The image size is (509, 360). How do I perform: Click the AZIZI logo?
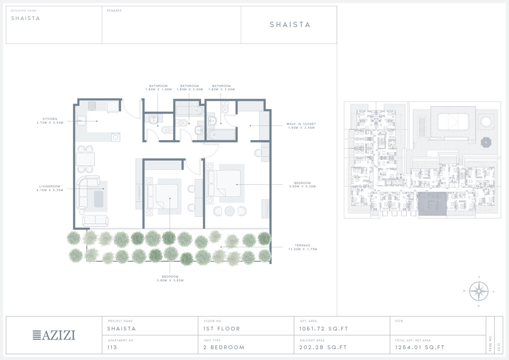[54, 335]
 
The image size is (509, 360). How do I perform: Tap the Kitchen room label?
[50, 121]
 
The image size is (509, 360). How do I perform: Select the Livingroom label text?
[50, 188]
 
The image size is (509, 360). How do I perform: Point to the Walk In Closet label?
[301, 126]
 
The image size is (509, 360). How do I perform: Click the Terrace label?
[303, 247]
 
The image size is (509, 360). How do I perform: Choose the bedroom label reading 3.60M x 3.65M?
[170, 279]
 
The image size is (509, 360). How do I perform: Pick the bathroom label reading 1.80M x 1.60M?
[158, 88]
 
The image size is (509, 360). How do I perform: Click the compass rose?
[479, 291]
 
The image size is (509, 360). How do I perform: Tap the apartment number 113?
[112, 347]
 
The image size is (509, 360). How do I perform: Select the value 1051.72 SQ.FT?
[324, 329]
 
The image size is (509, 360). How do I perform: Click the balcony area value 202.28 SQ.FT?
[323, 347]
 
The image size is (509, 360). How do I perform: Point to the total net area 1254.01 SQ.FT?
[420, 347]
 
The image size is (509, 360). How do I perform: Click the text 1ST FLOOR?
[222, 329]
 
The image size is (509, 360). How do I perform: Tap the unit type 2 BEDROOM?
[224, 347]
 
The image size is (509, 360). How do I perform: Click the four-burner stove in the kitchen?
[92, 106]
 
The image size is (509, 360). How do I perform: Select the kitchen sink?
[81, 121]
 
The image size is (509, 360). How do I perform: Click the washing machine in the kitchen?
[116, 137]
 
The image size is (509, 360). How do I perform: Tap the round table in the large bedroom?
[230, 211]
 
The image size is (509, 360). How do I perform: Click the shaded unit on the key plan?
[432, 204]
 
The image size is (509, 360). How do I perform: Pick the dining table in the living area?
[85, 159]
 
